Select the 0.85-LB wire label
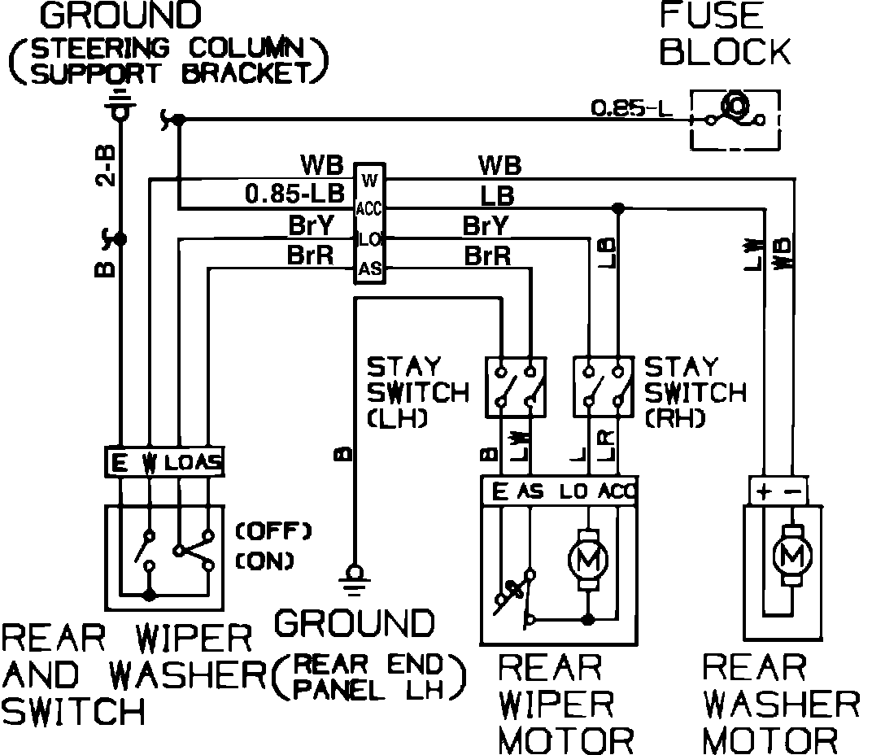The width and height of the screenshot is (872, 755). click(294, 196)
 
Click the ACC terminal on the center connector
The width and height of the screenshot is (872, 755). click(368, 209)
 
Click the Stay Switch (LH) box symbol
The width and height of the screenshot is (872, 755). click(515, 386)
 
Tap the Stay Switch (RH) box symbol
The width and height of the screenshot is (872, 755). click(603, 386)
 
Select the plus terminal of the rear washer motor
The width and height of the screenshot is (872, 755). click(762, 491)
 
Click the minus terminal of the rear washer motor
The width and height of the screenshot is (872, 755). click(795, 491)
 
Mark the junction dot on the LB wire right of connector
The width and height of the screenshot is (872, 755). click(618, 209)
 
